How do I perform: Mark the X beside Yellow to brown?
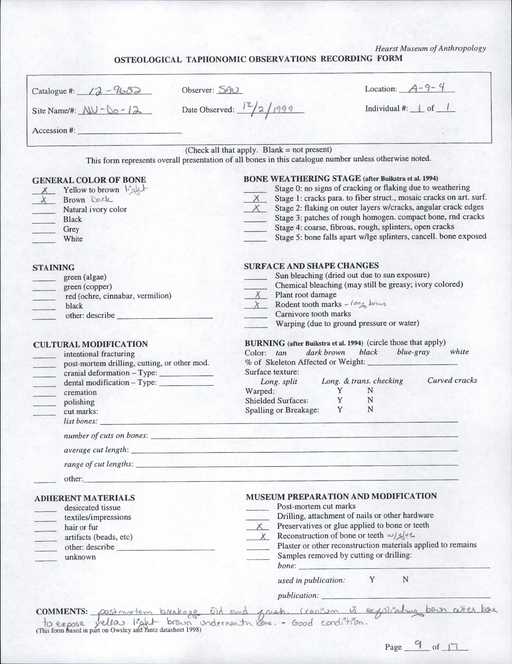click(x=45, y=191)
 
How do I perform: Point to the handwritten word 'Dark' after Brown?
click(x=102, y=200)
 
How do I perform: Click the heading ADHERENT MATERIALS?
click(x=85, y=498)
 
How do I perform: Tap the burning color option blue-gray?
click(x=413, y=352)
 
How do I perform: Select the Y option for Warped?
click(x=340, y=390)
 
